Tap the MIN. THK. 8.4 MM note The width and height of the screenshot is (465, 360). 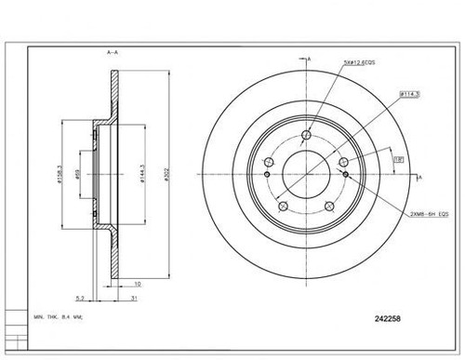(58, 318)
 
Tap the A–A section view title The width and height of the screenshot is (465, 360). (113, 53)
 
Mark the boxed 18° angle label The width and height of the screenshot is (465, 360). (397, 160)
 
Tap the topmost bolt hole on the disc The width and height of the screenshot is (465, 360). (306, 135)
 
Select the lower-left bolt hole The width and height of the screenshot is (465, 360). (284, 206)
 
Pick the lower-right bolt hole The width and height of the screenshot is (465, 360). (328, 206)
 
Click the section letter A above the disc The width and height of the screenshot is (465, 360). (308, 59)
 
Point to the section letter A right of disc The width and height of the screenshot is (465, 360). (420, 177)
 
